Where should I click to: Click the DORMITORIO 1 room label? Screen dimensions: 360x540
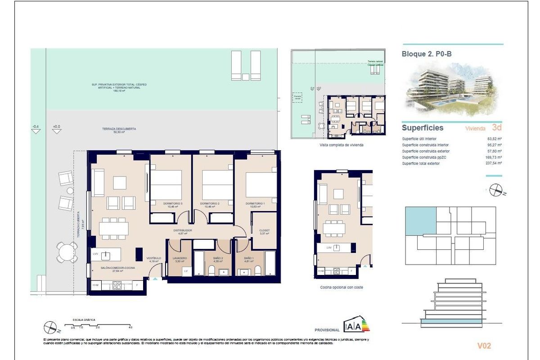pyautogui.click(x=255, y=203)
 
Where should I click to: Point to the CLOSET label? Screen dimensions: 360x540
pyautogui.click(x=265, y=230)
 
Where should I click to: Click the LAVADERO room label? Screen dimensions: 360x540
pyautogui.click(x=180, y=258)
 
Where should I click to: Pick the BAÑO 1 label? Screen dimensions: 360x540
pyautogui.click(x=249, y=258)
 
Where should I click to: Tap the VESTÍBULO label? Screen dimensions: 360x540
pyautogui.click(x=153, y=258)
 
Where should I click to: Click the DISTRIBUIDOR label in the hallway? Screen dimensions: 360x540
pyautogui.click(x=183, y=230)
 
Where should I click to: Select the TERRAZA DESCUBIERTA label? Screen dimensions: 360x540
pyautogui.click(x=119, y=129)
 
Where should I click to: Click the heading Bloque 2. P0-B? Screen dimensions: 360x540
pyautogui.click(x=426, y=54)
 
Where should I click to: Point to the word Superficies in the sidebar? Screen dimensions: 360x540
pyautogui.click(x=422, y=128)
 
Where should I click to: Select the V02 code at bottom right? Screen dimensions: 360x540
pyautogui.click(x=484, y=346)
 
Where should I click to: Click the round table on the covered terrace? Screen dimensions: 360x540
pyautogui.click(x=67, y=252)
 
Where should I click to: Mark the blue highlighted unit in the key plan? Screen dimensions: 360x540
pyautogui.click(x=421, y=221)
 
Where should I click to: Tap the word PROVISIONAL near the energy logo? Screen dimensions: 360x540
pyautogui.click(x=327, y=330)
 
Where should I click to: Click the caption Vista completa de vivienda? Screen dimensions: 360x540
pyautogui.click(x=341, y=145)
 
